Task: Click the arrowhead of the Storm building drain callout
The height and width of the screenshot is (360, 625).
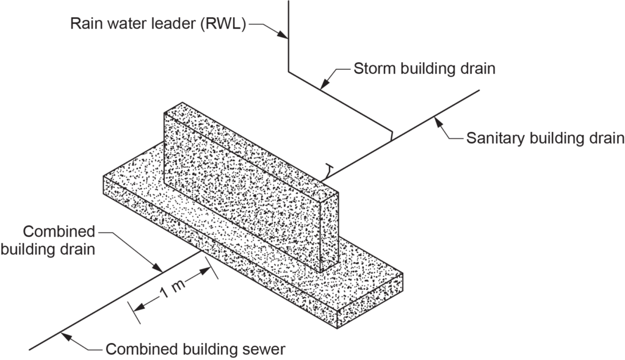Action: click(x=324, y=88)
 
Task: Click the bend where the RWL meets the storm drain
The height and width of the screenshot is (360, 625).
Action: click(x=289, y=74)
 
